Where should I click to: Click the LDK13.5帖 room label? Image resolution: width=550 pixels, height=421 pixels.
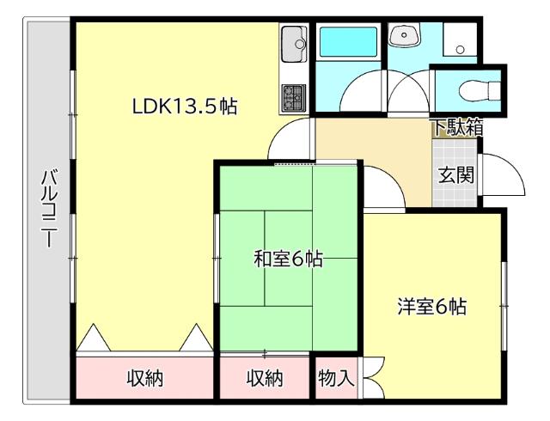tap(185, 107)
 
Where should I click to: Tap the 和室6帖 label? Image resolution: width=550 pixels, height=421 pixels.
tap(288, 259)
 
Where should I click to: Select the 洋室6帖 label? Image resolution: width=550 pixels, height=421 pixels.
tap(431, 306)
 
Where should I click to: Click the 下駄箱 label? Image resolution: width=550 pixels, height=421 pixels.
tap(456, 127)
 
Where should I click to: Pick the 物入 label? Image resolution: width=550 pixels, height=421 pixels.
tap(335, 377)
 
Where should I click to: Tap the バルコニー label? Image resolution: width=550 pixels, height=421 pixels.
tap(49, 210)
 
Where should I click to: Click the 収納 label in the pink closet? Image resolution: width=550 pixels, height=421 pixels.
tap(145, 378)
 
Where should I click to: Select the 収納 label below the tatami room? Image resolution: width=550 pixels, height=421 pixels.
tap(264, 378)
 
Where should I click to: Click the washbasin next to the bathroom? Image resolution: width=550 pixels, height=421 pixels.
tap(402, 36)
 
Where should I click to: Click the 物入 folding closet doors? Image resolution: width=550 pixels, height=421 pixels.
tap(371, 378)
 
